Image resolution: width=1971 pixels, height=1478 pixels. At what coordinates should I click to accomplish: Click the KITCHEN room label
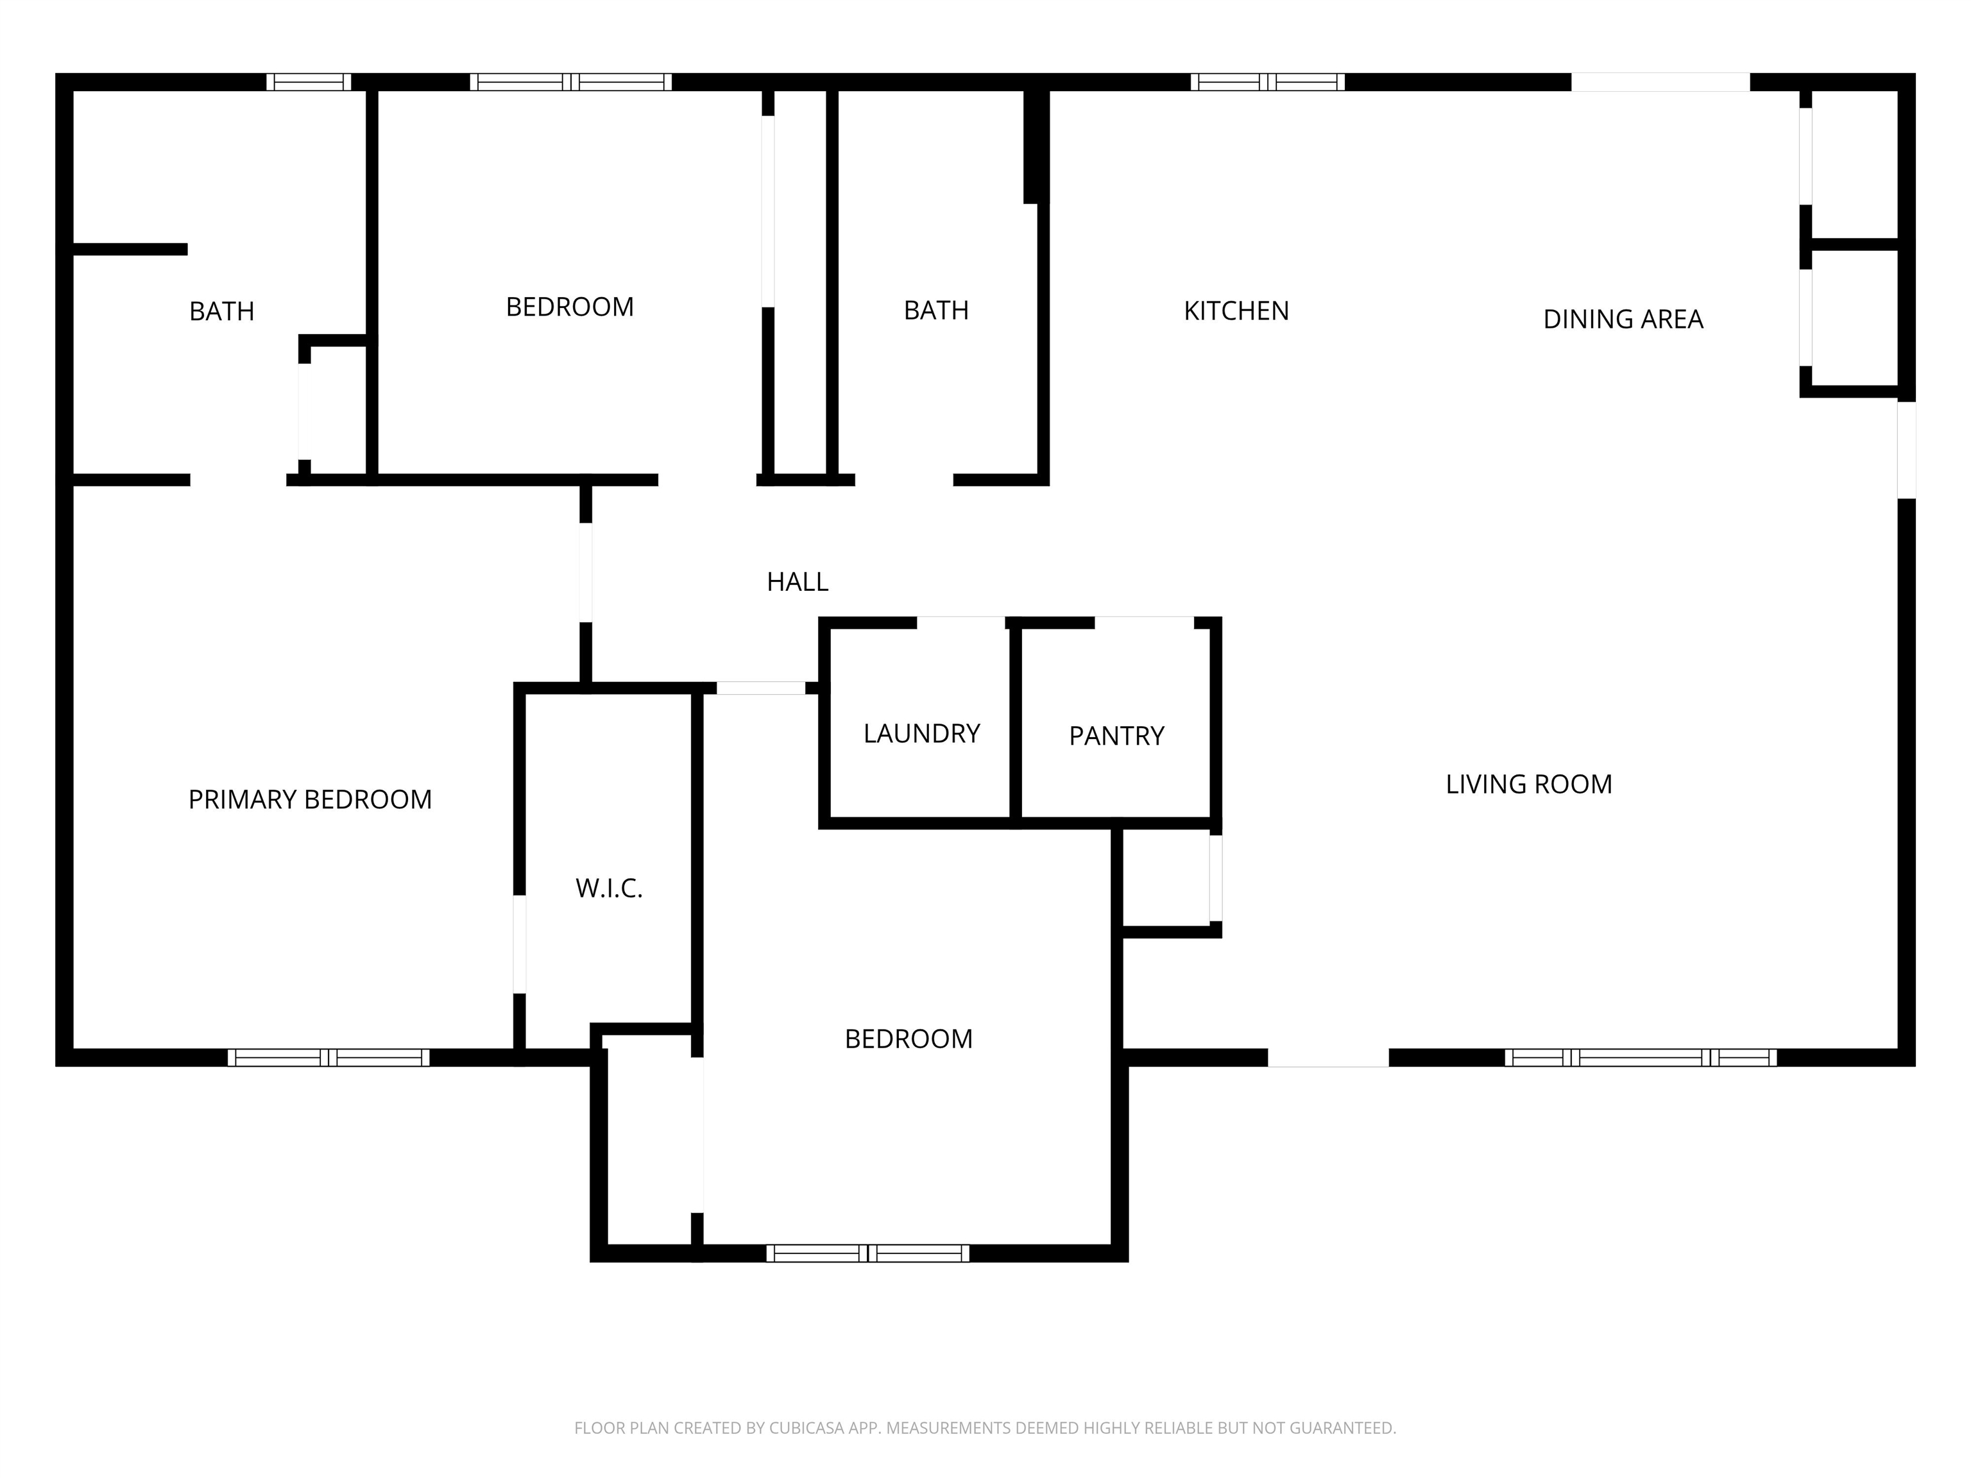click(1236, 311)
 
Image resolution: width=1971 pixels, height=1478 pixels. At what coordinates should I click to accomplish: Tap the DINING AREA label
click(1623, 319)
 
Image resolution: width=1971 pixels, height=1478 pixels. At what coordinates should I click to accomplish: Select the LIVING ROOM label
click(1528, 784)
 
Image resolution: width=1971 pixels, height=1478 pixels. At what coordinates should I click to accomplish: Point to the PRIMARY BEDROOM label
click(310, 799)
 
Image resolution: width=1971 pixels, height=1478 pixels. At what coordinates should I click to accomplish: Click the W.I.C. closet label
click(609, 888)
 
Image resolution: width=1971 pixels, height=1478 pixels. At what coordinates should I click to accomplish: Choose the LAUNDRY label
click(921, 733)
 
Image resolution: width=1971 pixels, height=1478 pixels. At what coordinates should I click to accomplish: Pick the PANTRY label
click(1116, 736)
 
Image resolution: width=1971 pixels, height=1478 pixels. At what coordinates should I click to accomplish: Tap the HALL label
click(798, 582)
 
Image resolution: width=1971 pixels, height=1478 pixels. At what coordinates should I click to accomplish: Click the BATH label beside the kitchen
click(935, 310)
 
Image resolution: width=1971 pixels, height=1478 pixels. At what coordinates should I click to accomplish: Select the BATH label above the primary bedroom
click(222, 311)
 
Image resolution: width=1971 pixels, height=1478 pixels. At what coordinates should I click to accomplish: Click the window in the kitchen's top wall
click(1267, 82)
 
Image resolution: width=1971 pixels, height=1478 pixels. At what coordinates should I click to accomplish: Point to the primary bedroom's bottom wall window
click(328, 1057)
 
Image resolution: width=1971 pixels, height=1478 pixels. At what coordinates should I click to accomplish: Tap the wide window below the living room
click(1641, 1057)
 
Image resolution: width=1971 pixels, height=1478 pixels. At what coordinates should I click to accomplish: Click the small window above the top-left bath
click(309, 82)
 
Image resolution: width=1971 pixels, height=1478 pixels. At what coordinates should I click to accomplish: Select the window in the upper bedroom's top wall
click(570, 82)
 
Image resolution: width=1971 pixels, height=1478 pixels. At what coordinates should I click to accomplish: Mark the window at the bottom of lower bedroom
click(868, 1253)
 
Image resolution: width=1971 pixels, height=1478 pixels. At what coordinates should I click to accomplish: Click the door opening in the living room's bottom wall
click(1327, 1057)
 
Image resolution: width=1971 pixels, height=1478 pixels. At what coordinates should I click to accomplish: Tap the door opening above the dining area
click(1660, 82)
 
